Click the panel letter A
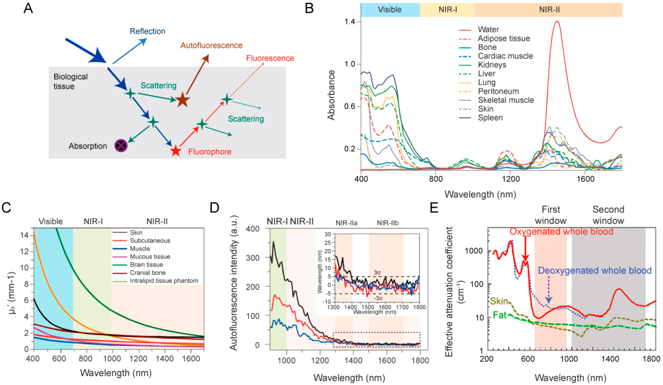point(28,8)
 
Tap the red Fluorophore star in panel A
point(176,151)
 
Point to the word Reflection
point(147,31)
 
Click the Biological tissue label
point(71,81)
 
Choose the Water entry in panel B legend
point(488,30)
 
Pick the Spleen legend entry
point(490,118)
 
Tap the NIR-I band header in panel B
point(448,10)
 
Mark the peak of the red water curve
point(557,21)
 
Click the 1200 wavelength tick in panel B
point(511,179)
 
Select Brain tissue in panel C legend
point(146,265)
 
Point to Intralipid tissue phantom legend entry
point(164,281)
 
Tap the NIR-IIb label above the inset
point(388,223)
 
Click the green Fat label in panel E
point(499,315)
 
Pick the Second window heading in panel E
point(608,215)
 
